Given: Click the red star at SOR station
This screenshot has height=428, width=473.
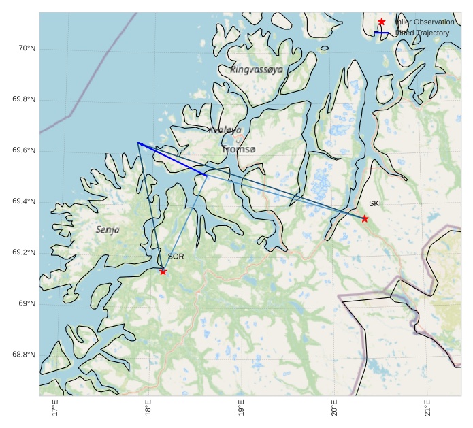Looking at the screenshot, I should coord(163,271).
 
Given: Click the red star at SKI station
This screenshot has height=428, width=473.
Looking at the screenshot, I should coord(365,218).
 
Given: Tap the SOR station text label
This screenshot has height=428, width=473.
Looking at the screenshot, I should coord(176,257).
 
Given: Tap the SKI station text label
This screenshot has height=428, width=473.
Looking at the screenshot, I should coord(375,203).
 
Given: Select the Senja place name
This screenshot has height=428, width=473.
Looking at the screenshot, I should coord(108,230).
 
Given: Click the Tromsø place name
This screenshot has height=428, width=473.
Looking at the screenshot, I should coord(239,149).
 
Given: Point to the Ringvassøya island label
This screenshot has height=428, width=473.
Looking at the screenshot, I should coord(257,69).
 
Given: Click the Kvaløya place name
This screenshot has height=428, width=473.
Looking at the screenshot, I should coord(225,130).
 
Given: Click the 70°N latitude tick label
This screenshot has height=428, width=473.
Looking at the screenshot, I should coord(27,48).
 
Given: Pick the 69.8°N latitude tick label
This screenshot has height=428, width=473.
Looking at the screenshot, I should coord(24,99).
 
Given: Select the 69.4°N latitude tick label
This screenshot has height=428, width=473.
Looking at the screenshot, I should coord(24,201).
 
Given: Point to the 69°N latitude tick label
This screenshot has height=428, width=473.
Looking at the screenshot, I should coord(27,303).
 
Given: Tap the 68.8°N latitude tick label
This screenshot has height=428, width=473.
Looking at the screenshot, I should coord(24,355).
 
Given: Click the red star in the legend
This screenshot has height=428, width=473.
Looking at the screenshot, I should coord(382,22).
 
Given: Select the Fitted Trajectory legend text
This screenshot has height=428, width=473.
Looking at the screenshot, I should coord(423,33).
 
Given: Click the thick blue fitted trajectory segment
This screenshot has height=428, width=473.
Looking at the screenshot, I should coord(172,159).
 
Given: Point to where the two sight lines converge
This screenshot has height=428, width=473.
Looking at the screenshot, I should coord(138,143).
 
